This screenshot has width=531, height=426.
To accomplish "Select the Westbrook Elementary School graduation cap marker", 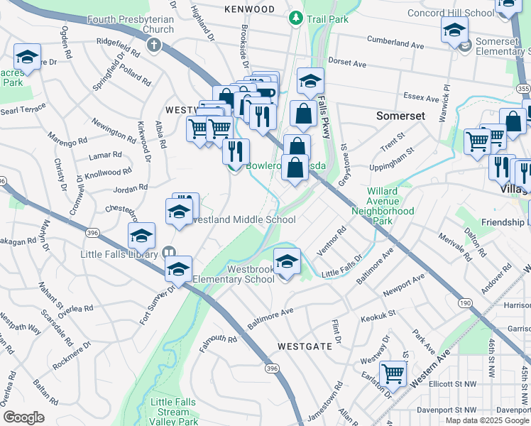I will pyautogui.click(x=286, y=263).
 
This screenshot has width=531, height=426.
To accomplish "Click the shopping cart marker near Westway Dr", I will pyautogui.click(x=393, y=374).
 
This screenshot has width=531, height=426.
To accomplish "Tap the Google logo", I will pyautogui.click(x=23, y=417).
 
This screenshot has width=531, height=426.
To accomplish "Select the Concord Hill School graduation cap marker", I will pyautogui.click(x=454, y=31).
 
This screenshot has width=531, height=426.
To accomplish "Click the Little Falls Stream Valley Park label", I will pyautogui.click(x=174, y=412).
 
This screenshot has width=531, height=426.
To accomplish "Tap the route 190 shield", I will pyautogui.click(x=465, y=303).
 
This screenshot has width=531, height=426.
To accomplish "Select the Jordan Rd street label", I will pyautogui.click(x=130, y=188).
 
